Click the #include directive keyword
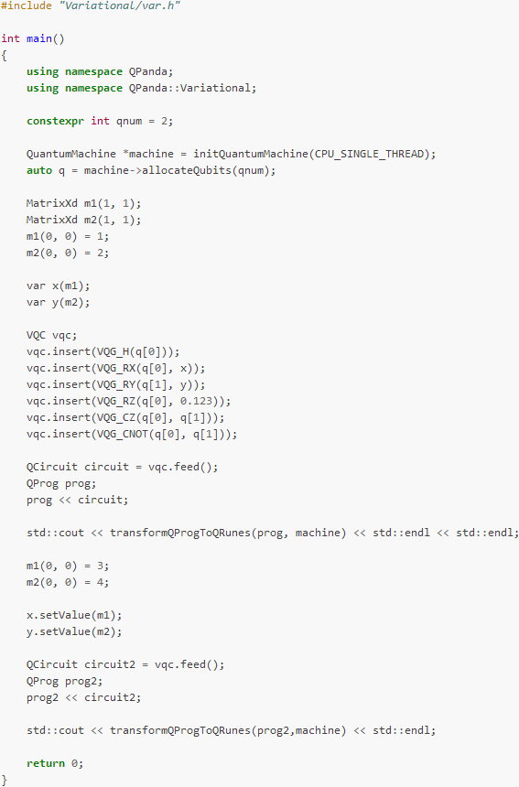click(27, 5)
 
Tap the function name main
click(39, 38)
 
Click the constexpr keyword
click(55, 121)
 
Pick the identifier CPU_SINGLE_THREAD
click(370, 154)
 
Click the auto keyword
click(39, 170)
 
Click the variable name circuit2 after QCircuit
click(110, 664)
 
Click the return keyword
click(46, 763)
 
